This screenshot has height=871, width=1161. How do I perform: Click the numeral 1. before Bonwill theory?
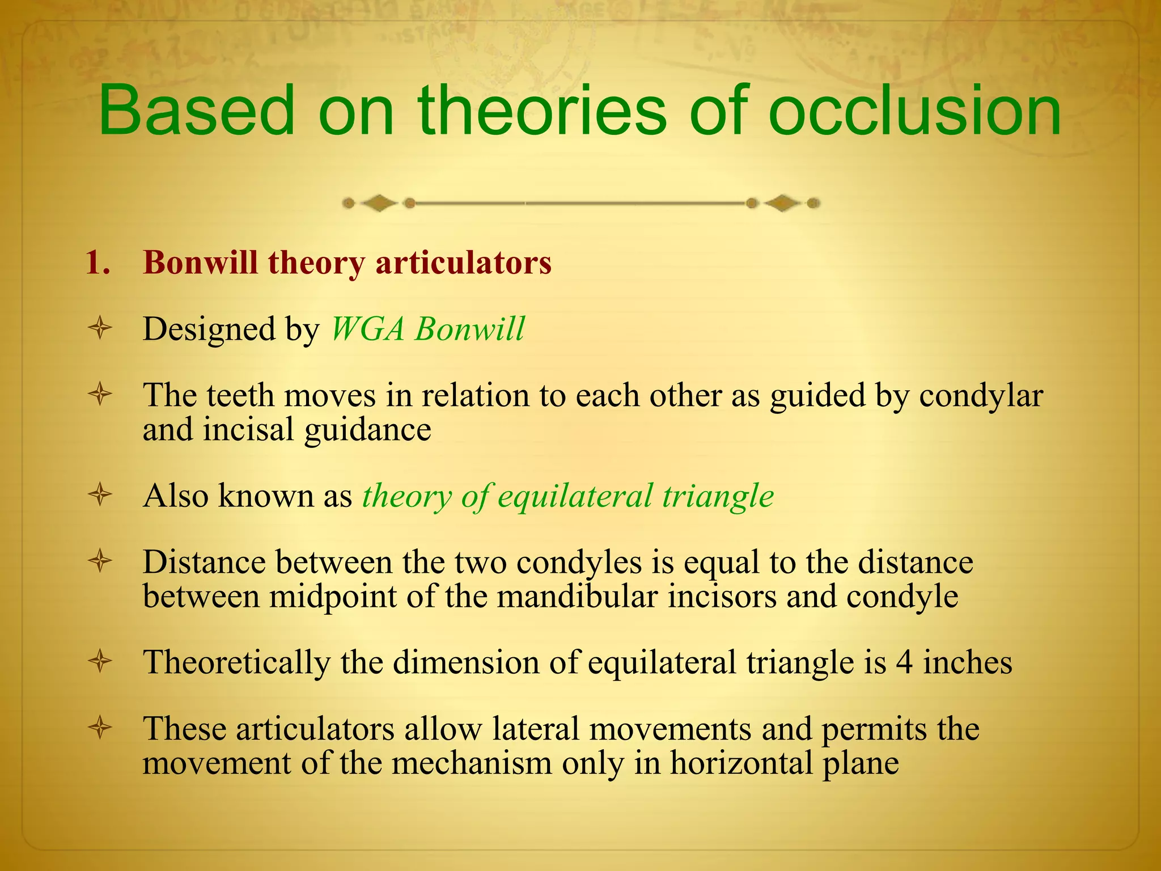[x=98, y=263]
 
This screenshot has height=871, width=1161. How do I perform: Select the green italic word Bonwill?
[x=469, y=329]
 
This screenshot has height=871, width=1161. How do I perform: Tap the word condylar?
[x=981, y=396]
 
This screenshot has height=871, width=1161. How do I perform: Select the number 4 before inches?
[x=904, y=662]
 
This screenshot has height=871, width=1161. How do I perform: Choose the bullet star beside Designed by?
[x=100, y=329]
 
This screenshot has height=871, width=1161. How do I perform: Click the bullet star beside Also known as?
[x=100, y=496]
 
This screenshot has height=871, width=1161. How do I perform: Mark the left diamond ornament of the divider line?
[x=379, y=203]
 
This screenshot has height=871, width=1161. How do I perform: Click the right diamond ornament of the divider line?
[x=782, y=203]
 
